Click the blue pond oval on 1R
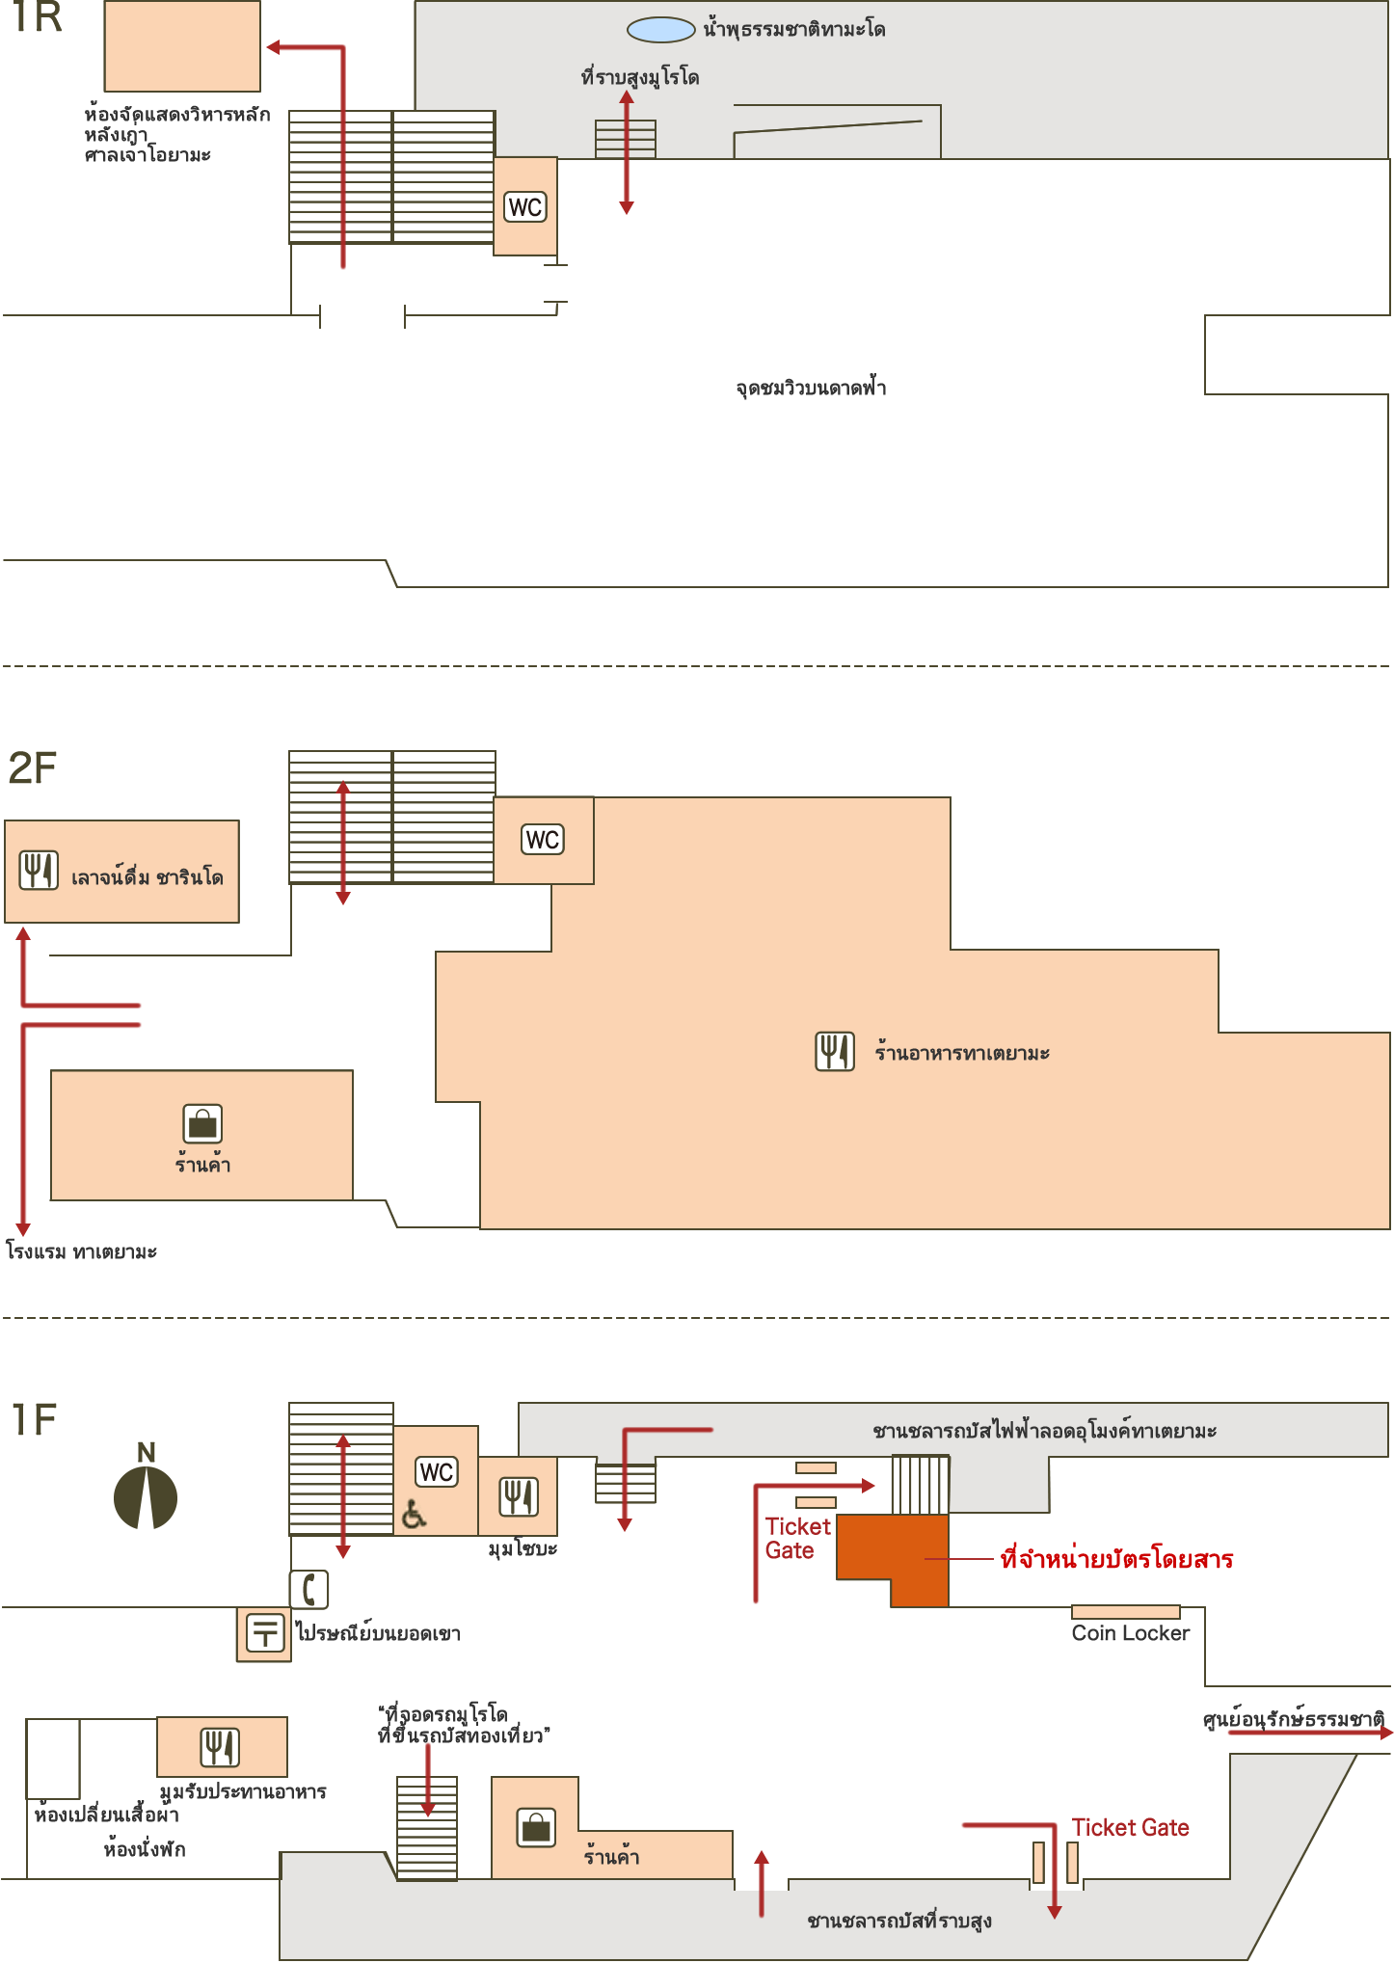click(660, 30)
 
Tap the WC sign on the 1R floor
click(525, 207)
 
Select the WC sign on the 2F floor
click(543, 840)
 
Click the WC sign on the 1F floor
click(437, 1472)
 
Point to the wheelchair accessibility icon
click(414, 1515)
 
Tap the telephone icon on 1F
click(309, 1590)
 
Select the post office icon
click(265, 1633)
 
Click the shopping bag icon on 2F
click(202, 1124)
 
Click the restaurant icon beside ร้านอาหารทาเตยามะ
click(835, 1052)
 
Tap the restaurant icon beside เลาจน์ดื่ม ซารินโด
click(40, 871)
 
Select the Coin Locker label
click(1131, 1633)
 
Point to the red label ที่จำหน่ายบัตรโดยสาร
click(1117, 1559)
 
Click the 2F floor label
click(32, 768)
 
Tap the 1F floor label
click(34, 1420)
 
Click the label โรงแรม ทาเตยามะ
click(82, 1251)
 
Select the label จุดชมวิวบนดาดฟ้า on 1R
click(811, 388)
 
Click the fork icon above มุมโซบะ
click(518, 1497)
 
